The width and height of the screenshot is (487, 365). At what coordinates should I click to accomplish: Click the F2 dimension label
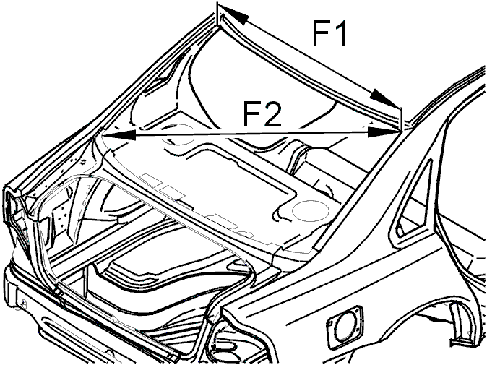(262, 114)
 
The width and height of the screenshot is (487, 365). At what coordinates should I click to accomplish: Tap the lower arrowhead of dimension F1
(385, 98)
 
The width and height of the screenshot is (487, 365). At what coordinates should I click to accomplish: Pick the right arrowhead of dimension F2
(384, 132)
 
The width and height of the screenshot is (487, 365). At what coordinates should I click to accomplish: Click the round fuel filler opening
(345, 324)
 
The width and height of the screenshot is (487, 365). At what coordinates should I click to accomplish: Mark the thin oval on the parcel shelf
(311, 210)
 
